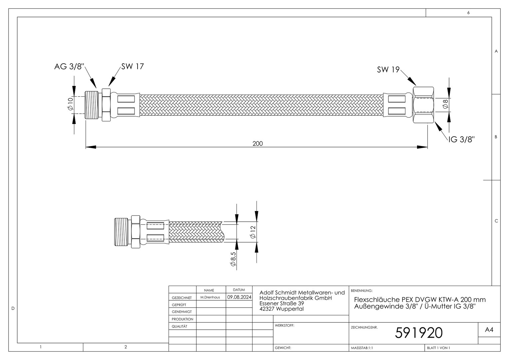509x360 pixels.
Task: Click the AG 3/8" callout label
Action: click(69, 67)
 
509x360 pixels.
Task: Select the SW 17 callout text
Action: click(133, 66)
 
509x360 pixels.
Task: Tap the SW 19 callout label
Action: click(388, 70)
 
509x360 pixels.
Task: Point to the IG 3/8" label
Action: click(461, 139)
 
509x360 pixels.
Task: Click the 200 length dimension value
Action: click(257, 143)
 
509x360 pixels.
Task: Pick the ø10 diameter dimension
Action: click(70, 104)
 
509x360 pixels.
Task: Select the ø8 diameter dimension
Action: click(445, 104)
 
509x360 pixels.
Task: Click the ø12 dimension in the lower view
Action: click(253, 232)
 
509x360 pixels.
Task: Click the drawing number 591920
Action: click(419, 333)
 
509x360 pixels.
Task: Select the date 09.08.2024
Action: click(239, 297)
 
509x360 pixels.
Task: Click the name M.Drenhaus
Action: click(210, 297)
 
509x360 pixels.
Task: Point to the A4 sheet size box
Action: click(489, 330)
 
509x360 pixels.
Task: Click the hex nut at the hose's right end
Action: click(423, 105)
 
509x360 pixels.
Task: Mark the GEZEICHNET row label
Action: click(182, 298)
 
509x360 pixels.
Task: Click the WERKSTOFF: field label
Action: click(284, 325)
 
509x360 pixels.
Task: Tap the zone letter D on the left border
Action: click(13, 308)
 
